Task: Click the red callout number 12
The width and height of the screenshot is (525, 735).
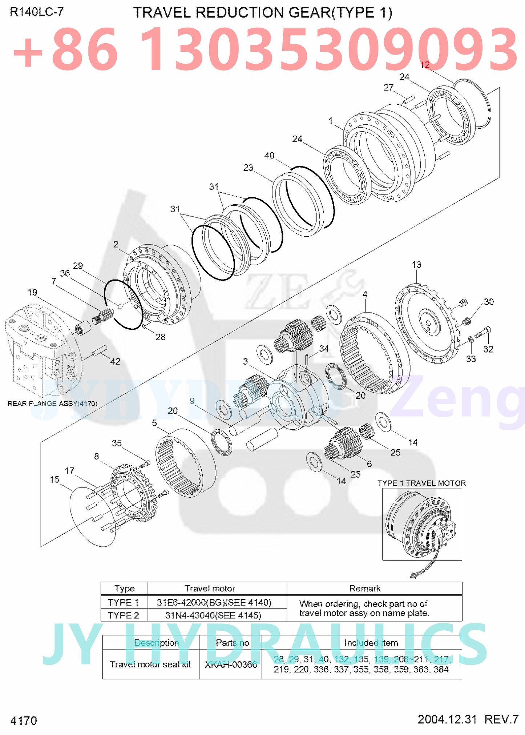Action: click(424, 65)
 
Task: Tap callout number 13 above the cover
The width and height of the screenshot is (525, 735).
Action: click(416, 265)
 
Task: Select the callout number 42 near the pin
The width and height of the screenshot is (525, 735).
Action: click(115, 361)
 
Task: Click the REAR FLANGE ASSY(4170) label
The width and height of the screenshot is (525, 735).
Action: click(52, 403)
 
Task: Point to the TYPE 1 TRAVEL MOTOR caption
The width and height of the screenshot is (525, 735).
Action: click(421, 483)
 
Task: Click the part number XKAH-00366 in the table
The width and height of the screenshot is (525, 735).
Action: click(231, 664)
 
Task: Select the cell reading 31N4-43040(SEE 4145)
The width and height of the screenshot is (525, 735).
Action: click(213, 615)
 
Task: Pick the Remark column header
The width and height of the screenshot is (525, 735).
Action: click(364, 589)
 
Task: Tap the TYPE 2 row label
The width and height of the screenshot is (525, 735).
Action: click(123, 615)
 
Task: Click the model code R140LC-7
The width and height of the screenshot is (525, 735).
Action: click(36, 12)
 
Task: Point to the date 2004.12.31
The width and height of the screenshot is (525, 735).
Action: click(447, 719)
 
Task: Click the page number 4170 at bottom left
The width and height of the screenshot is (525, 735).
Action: click(24, 720)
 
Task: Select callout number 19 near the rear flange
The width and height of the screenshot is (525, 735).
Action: click(32, 292)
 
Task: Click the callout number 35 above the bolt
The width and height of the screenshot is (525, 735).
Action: click(117, 443)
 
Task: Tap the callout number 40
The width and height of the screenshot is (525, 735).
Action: click(269, 155)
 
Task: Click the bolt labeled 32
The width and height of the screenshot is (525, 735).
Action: click(483, 332)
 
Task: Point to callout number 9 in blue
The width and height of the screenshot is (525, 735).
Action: click(192, 401)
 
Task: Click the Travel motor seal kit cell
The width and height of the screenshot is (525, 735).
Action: click(150, 664)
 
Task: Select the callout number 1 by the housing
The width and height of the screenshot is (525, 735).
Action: click(330, 121)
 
